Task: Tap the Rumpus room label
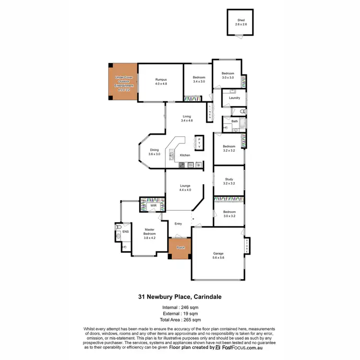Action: [160, 82]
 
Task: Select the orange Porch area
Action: [180, 248]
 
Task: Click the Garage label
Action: [218, 255]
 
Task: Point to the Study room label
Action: [229, 181]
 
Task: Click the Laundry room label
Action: [234, 98]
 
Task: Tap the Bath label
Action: [235, 121]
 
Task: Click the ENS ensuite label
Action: [126, 232]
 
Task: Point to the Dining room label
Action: [154, 152]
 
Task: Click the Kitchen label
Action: [185, 155]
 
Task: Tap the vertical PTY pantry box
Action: [199, 143]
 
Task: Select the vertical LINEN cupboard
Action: [209, 112]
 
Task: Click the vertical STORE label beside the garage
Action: [247, 246]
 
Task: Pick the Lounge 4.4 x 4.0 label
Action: [185, 188]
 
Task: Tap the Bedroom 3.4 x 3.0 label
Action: [199, 79]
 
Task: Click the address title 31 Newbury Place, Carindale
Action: [180, 297]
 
